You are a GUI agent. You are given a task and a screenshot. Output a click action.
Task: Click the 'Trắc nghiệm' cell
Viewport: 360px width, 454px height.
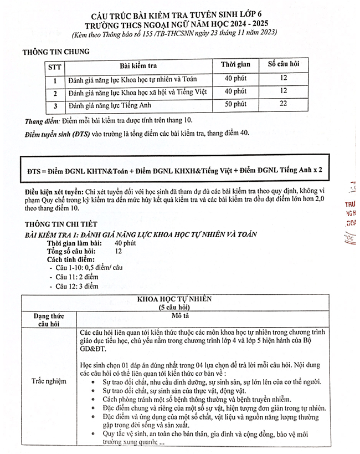(x=49, y=381)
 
